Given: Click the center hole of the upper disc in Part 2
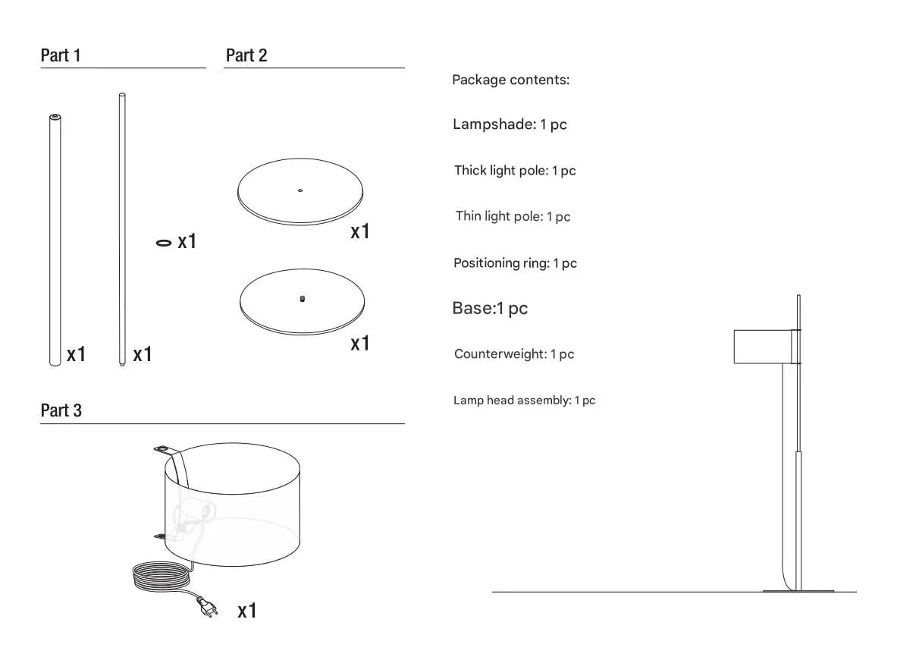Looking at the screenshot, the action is click(x=300, y=190).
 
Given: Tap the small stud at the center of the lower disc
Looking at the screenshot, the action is click(x=303, y=299).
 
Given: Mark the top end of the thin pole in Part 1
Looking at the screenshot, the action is click(x=122, y=94).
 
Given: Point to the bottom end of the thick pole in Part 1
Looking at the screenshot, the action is click(x=55, y=363).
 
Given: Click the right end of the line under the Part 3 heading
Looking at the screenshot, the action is click(x=404, y=424).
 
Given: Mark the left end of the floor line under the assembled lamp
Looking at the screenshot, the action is click(x=493, y=592).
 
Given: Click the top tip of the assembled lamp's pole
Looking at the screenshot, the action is click(x=798, y=296).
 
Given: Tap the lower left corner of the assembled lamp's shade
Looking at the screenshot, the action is click(x=735, y=363).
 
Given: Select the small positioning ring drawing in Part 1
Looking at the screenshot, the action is click(x=164, y=244).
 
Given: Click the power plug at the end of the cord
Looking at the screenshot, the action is click(x=208, y=607).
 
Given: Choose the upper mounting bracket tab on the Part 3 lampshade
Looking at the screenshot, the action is click(x=164, y=450).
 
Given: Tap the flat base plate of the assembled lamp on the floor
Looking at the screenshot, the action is click(x=798, y=590).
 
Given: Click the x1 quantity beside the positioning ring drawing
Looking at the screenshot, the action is click(x=187, y=241).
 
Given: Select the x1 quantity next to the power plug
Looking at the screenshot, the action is click(x=247, y=611).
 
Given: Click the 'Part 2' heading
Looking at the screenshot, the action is click(x=246, y=55).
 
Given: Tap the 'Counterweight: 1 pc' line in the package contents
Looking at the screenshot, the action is click(x=514, y=354).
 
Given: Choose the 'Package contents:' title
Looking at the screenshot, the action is click(x=511, y=80).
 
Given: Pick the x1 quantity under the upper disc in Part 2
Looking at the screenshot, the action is click(x=360, y=231).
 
